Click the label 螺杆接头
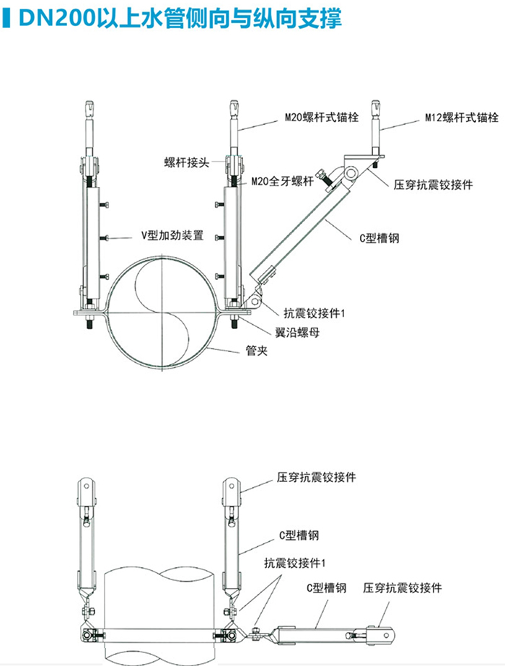click(186, 163)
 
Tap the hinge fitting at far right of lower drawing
click(381, 634)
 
